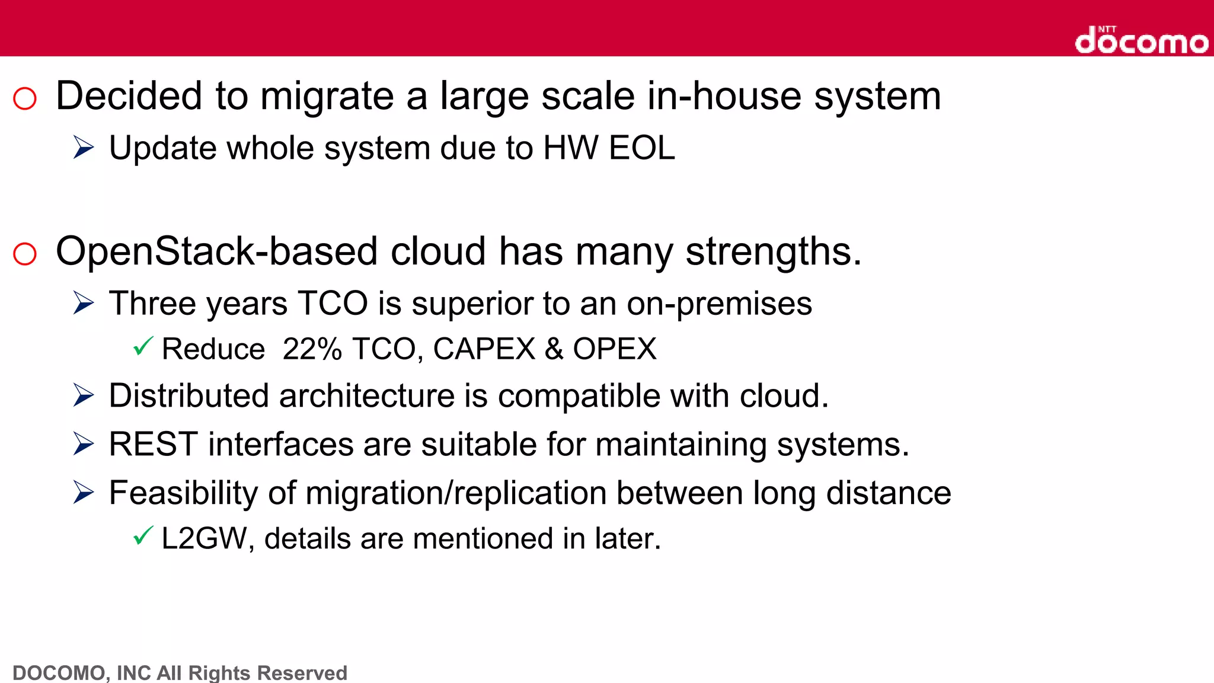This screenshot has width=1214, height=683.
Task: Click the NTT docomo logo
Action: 1141,40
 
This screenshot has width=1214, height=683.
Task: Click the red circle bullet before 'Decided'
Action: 25,98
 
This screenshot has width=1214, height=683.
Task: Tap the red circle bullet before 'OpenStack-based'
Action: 25,254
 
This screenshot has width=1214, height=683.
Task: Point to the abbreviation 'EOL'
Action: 642,148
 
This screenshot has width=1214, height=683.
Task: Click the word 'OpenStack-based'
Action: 216,251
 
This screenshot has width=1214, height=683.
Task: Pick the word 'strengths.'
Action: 774,251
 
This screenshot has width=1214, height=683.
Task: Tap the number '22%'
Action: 312,349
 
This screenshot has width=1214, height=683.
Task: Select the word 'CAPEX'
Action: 484,349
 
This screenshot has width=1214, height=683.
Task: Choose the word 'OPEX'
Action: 614,349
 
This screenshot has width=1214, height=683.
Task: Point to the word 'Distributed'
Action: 189,395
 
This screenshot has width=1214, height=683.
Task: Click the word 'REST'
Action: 153,444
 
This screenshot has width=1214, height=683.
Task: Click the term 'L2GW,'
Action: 207,538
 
